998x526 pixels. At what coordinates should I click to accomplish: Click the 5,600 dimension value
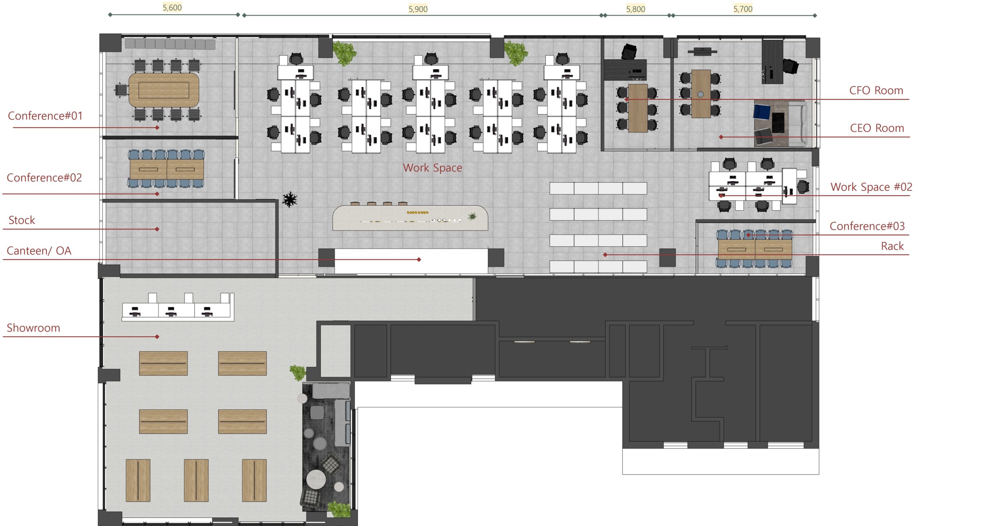pos(172,7)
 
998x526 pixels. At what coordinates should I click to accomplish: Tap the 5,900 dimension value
pos(418,9)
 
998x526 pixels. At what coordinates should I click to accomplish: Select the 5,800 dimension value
pos(635,9)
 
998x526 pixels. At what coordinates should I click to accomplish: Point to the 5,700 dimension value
pos(743,9)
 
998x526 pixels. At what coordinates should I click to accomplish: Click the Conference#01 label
pos(45,116)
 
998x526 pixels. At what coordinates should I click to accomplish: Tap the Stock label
pos(22,220)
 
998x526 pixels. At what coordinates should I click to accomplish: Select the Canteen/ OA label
pos(39,251)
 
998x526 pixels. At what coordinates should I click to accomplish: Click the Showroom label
pos(34,328)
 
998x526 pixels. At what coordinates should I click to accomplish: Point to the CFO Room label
pos(876,91)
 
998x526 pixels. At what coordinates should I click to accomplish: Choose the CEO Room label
pos(877,128)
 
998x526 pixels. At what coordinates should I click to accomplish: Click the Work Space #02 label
pos(871,187)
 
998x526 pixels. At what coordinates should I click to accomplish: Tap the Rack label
pos(892,246)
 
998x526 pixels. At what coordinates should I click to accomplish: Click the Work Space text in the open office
pos(432,168)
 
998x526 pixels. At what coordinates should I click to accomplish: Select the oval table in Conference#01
pos(164,90)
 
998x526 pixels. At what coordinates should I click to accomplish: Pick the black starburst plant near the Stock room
pos(290,199)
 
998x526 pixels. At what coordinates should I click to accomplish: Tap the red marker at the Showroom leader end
pos(157,336)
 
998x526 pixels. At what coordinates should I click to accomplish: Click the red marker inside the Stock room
pos(157,229)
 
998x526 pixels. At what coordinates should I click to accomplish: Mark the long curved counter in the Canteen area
pos(410,218)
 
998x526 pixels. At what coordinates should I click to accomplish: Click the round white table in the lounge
pos(316,479)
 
